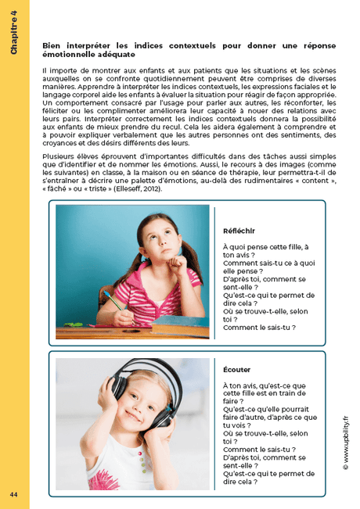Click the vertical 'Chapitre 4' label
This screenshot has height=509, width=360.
pyautogui.click(x=14, y=36)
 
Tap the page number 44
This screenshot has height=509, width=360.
pyautogui.click(x=14, y=495)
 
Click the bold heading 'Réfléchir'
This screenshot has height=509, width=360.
pyautogui.click(x=239, y=232)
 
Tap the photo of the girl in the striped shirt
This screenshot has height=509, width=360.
pyautogui.click(x=133, y=271)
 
